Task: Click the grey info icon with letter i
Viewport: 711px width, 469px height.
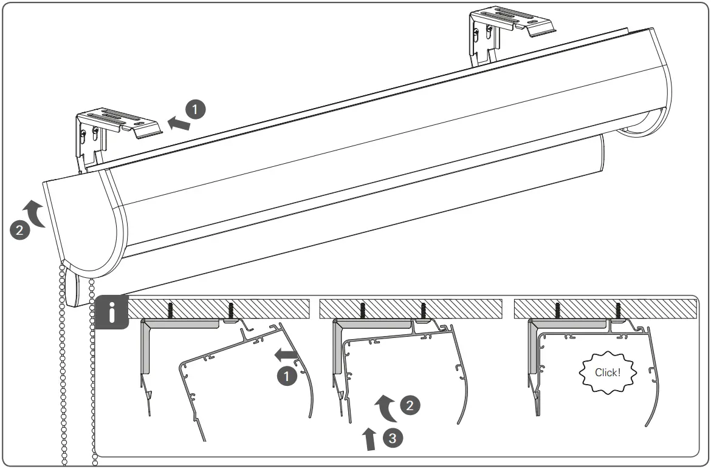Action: pyautogui.click(x=111, y=313)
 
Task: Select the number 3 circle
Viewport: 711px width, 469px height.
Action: pyautogui.click(x=393, y=437)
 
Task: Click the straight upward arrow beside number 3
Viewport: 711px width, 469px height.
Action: pyautogui.click(x=369, y=439)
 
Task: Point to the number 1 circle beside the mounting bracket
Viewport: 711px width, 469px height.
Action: pyautogui.click(x=196, y=110)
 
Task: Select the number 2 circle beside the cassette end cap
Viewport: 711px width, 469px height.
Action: pyautogui.click(x=19, y=229)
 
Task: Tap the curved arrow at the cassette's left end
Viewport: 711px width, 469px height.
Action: pyautogui.click(x=37, y=212)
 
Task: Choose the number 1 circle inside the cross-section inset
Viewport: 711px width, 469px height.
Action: pyautogui.click(x=287, y=376)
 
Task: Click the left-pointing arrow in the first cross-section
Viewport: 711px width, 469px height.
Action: pyautogui.click(x=284, y=354)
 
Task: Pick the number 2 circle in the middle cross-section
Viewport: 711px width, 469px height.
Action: pyautogui.click(x=410, y=405)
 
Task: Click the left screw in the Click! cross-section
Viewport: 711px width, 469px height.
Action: pyautogui.click(x=558, y=311)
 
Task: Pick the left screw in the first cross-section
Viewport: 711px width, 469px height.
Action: pyautogui.click(x=171, y=311)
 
